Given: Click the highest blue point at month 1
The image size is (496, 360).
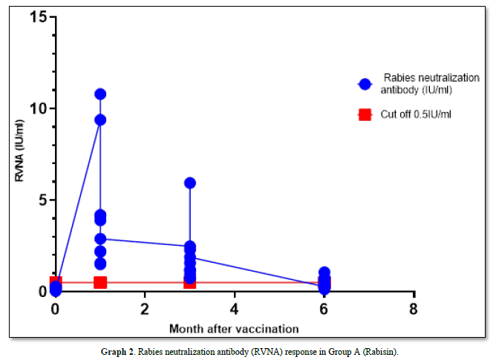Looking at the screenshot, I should pos(100,94).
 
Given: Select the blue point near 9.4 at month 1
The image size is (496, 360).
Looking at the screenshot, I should pos(100,120).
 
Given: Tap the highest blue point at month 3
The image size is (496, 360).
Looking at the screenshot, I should pos(190,183).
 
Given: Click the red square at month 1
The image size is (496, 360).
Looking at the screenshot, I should pos(100,282).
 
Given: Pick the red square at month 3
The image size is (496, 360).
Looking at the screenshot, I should pos(190,282).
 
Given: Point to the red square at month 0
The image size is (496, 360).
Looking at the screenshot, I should pos(56,282).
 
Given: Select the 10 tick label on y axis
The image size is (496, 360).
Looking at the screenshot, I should pos(38,108).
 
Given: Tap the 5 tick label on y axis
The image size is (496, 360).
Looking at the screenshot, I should pos(42,200).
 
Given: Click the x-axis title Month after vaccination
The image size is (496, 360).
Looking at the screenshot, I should pos(234,328).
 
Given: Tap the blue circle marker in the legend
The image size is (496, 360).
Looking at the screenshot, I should pos(364,84).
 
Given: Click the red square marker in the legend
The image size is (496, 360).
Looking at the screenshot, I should pos(364,114).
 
